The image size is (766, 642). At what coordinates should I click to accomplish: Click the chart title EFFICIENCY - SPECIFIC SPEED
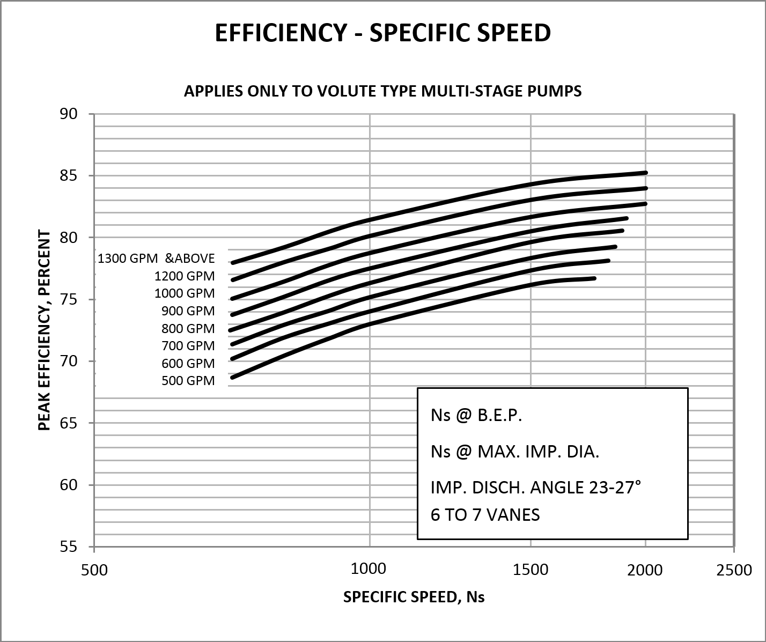pyautogui.click(x=382, y=33)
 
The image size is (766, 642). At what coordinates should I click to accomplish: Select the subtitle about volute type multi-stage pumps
pyautogui.click(x=382, y=91)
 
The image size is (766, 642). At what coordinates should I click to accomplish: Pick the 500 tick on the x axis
pyautogui.click(x=94, y=569)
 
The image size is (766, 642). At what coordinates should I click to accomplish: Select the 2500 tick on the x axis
pyautogui.click(x=734, y=569)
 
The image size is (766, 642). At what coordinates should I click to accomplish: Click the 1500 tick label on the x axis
pyautogui.click(x=531, y=569)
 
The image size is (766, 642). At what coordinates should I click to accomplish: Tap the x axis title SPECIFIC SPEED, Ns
pyautogui.click(x=414, y=597)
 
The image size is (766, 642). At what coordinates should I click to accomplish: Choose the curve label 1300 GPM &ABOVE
pyautogui.click(x=156, y=259)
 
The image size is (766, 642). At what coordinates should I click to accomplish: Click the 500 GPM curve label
pyautogui.click(x=188, y=381)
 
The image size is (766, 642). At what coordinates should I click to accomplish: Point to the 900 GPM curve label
pyautogui.click(x=188, y=311)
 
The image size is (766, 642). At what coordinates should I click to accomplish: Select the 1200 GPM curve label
pyautogui.click(x=185, y=276)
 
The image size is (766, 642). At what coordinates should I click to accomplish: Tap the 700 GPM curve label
pyautogui.click(x=188, y=346)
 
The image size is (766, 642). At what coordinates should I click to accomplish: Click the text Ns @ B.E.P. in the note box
pyautogui.click(x=476, y=416)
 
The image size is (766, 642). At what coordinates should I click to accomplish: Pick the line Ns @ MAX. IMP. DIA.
pyautogui.click(x=514, y=452)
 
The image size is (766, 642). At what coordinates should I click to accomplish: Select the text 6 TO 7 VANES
pyautogui.click(x=485, y=515)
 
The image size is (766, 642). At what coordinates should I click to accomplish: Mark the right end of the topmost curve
pyautogui.click(x=646, y=173)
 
